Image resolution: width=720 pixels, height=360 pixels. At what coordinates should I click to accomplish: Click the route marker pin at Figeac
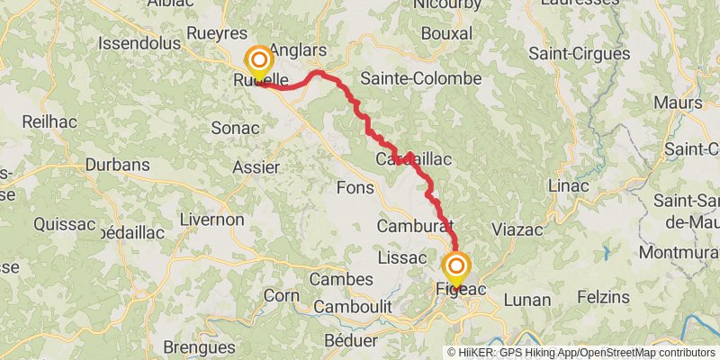coord(456,266)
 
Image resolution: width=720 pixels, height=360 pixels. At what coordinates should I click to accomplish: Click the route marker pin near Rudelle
coord(259,61)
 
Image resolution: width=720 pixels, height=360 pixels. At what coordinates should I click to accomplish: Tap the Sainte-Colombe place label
coord(420,78)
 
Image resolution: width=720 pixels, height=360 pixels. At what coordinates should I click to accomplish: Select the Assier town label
coord(256,166)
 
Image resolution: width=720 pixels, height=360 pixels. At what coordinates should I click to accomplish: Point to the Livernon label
coord(211,219)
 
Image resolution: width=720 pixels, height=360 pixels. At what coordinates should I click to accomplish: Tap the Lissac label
coord(401,257)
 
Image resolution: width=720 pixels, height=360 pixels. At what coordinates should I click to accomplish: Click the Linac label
coord(567,185)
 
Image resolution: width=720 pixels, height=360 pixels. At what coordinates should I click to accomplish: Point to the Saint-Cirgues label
coord(579,54)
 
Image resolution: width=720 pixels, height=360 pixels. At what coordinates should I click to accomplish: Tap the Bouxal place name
coord(446,32)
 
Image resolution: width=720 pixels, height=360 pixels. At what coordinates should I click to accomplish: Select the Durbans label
coord(116,165)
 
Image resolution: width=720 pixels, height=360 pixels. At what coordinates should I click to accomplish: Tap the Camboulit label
coord(352,307)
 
